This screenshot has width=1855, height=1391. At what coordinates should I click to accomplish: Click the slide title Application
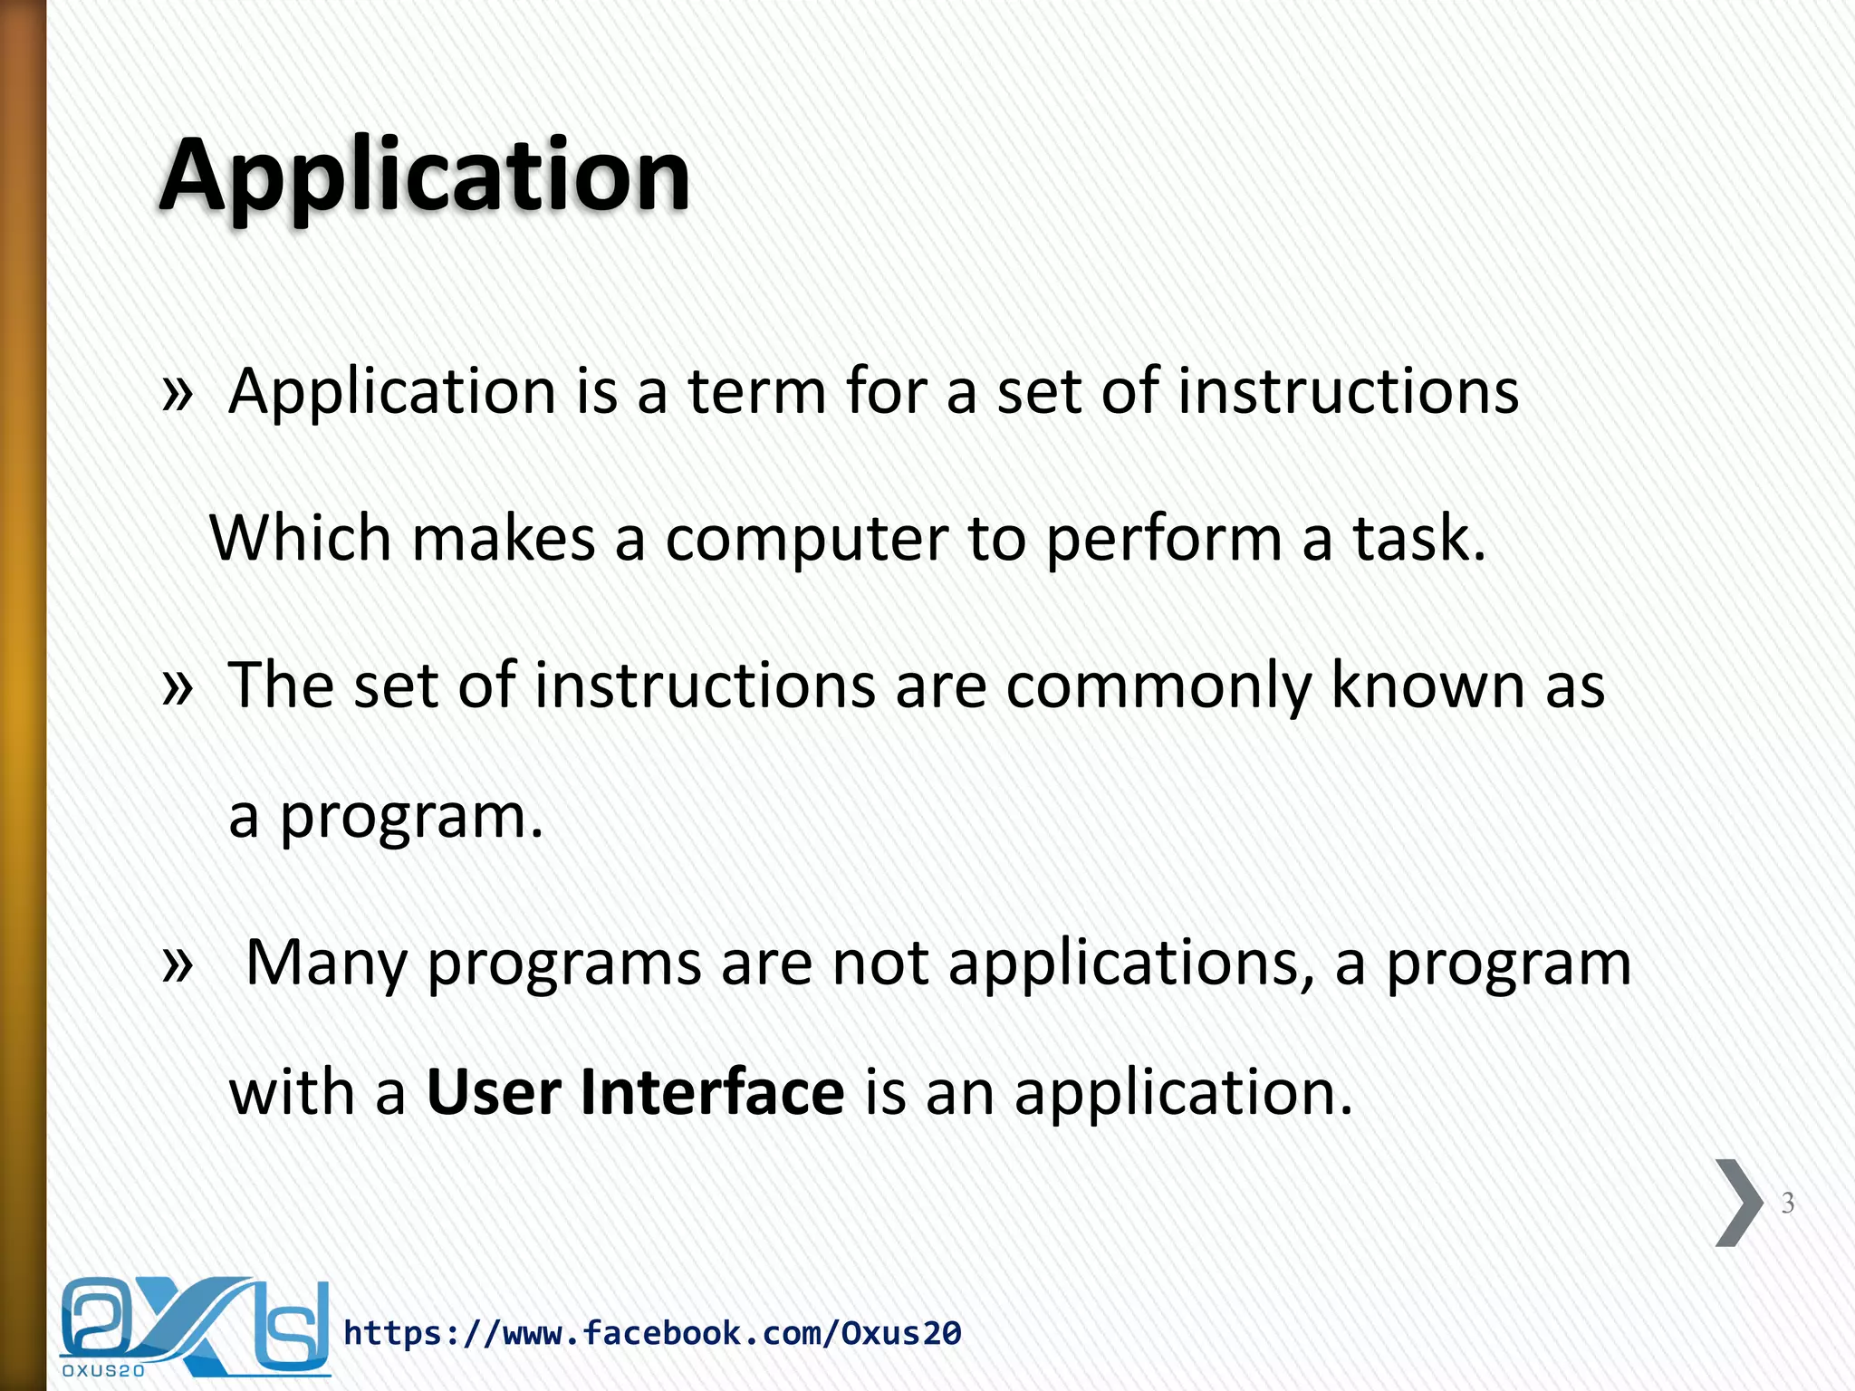[424, 177]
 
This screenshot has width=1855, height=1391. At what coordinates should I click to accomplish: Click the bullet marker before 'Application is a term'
[178, 394]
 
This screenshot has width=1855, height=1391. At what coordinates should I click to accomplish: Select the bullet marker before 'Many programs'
[178, 964]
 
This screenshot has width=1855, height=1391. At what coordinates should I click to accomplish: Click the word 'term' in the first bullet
[756, 392]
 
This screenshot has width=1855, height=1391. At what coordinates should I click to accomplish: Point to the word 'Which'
[300, 539]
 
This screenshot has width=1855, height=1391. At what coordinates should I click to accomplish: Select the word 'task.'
[1418, 539]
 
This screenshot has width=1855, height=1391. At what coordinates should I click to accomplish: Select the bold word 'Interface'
[712, 1093]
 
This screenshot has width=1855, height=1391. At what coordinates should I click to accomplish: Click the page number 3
[1787, 1204]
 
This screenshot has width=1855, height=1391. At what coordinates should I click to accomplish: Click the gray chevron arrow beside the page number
[1737, 1203]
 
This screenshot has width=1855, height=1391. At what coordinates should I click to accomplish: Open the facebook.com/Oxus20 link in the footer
[652, 1333]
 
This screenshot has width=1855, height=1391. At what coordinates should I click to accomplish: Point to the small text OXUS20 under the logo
[103, 1371]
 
